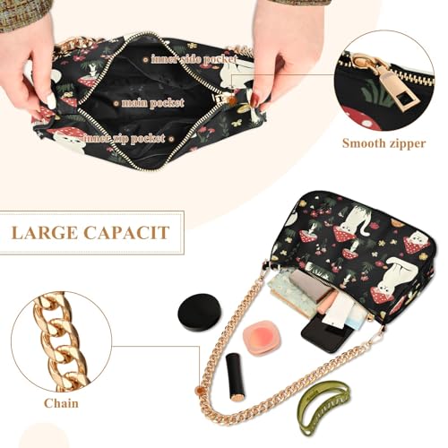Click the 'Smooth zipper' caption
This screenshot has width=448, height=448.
click(384, 142)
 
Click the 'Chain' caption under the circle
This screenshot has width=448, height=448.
click(62, 403)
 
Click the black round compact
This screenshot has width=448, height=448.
click(199, 310)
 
